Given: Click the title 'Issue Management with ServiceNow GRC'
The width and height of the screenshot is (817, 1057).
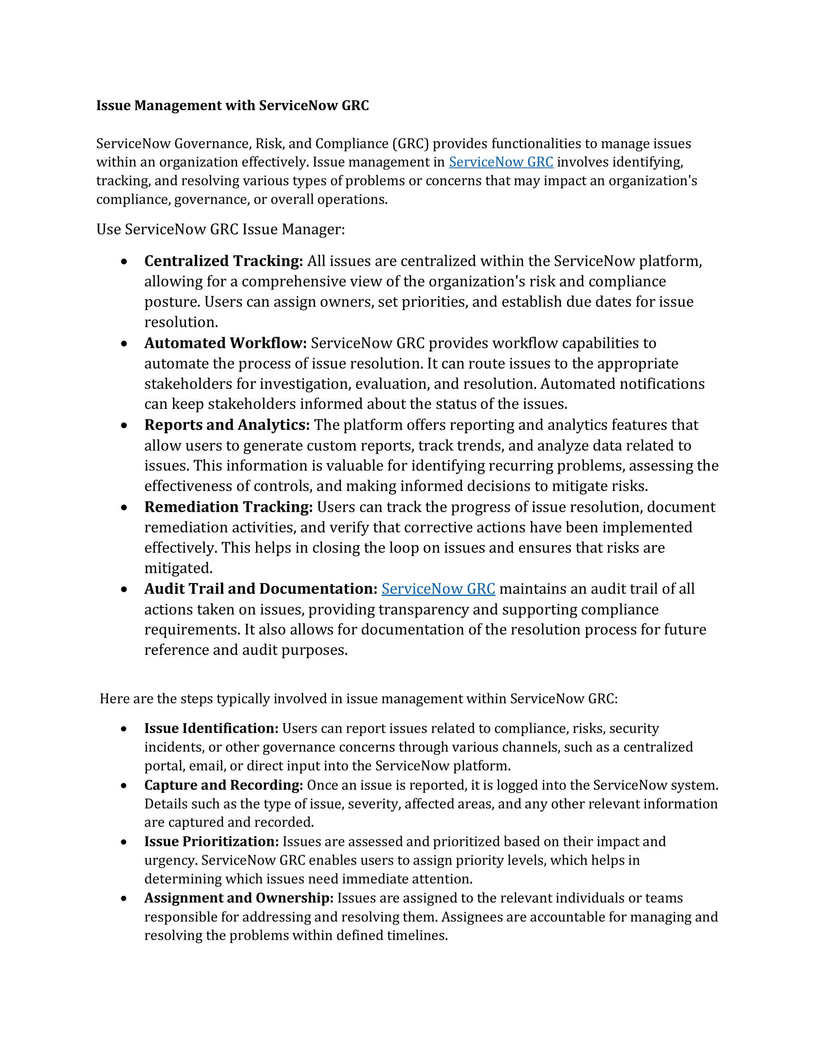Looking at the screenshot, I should [232, 106].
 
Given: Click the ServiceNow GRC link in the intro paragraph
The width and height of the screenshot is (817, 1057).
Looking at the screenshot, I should [501, 162].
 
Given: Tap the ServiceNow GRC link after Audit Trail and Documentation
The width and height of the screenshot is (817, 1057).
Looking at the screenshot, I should [438, 589].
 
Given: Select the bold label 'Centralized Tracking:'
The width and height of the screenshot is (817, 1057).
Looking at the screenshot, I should [224, 261].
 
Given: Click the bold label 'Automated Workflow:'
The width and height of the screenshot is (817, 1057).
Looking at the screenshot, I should [225, 343].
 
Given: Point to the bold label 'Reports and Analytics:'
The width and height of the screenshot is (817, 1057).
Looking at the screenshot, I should [227, 425].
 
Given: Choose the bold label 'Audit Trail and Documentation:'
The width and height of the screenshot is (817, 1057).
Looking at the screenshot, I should [261, 589].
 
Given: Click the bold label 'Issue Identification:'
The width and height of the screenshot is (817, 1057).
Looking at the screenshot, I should [211, 728].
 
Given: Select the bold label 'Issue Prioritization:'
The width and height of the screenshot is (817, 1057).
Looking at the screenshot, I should [211, 842].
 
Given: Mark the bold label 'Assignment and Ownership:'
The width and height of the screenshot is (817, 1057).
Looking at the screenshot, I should [239, 898].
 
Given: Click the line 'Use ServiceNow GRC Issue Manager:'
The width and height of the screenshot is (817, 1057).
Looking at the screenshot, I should [221, 229].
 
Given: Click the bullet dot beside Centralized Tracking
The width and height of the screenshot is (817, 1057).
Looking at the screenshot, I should [124, 262].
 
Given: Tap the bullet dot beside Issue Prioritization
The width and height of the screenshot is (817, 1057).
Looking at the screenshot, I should [124, 842].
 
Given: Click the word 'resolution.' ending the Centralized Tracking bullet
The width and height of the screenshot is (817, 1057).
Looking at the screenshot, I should [181, 322].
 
